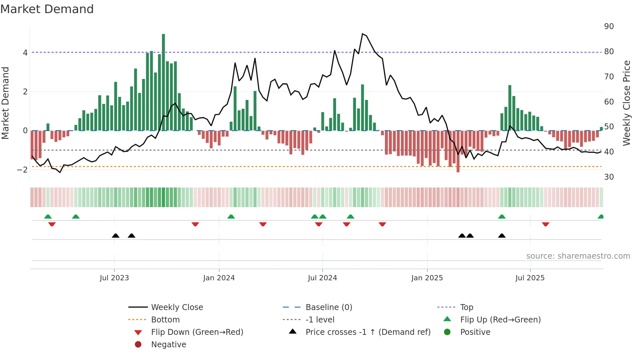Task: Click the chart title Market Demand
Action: (47, 9)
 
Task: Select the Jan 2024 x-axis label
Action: (219, 278)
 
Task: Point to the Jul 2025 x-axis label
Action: (530, 278)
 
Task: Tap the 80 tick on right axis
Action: (609, 52)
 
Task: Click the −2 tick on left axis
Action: (22, 170)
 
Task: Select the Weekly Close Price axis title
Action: (626, 103)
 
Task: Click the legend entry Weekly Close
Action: (177, 307)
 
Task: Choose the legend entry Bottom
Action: (165, 320)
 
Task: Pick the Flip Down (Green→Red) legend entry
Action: (197, 332)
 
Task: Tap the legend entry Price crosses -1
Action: (368, 332)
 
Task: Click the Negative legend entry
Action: (168, 345)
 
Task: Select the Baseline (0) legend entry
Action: (328, 307)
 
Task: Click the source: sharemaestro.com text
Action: (578, 256)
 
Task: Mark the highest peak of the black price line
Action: (362, 34)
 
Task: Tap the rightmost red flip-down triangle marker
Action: (545, 224)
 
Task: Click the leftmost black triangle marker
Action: (115, 236)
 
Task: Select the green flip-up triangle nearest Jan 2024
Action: (231, 217)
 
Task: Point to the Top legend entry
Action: (466, 307)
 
